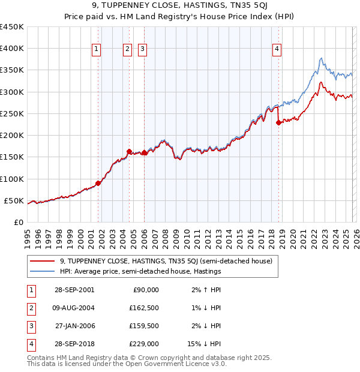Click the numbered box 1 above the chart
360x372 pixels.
[97, 50]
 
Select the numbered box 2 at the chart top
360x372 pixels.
[128, 50]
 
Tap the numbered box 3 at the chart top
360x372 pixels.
[143, 50]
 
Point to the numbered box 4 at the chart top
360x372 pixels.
[277, 50]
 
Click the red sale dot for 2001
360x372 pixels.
[98, 183]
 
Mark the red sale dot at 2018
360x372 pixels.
[278, 123]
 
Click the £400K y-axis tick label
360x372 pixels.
[12, 49]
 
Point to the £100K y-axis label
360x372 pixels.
[12, 179]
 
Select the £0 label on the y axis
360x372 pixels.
[18, 222]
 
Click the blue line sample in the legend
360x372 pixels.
[43, 271]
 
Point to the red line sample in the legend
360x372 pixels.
[43, 261]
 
